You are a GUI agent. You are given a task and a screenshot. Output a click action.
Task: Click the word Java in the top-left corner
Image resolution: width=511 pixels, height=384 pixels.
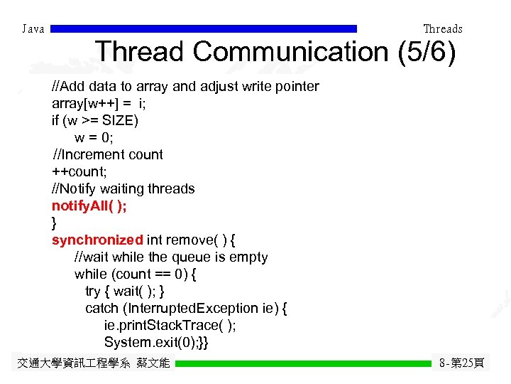[33, 29]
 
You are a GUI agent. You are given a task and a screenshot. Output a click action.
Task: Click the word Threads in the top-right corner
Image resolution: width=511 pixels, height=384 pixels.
[442, 29]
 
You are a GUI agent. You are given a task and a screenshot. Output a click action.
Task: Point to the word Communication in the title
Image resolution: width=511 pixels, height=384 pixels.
[287, 52]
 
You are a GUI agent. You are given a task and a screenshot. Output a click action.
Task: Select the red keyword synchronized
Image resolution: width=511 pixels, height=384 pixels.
[97, 240]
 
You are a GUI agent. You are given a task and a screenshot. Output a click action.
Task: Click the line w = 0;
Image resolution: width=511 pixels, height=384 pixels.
[94, 137]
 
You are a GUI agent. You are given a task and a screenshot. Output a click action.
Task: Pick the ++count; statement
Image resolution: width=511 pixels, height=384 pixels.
[78, 171]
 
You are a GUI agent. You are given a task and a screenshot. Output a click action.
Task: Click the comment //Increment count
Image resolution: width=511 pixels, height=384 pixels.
[108, 154]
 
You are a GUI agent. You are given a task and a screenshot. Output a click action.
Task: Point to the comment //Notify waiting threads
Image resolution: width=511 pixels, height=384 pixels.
[123, 188]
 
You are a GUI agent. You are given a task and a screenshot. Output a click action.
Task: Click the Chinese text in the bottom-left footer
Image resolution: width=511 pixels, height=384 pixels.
[93, 363]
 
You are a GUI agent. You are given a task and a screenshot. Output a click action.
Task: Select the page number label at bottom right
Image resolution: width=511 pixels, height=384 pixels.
[462, 363]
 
